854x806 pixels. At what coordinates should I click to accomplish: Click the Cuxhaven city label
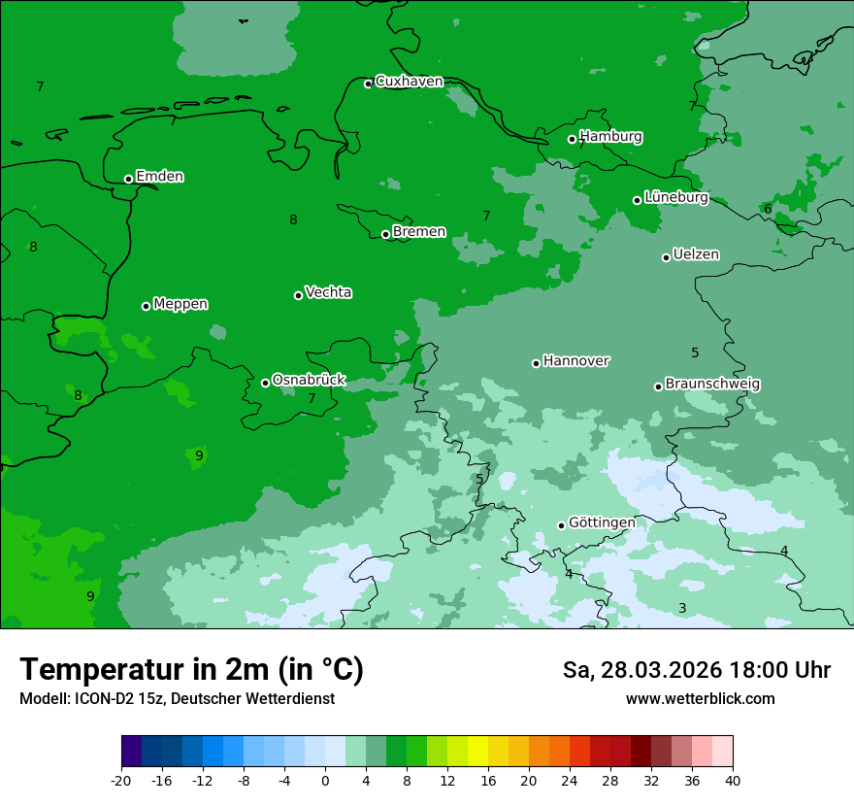[409, 82]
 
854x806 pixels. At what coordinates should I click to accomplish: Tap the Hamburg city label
[610, 137]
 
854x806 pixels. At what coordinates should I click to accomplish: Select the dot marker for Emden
[128, 179]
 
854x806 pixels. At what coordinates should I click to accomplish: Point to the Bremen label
[419, 232]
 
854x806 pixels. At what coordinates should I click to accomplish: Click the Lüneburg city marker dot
[638, 200]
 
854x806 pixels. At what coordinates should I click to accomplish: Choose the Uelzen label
[696, 255]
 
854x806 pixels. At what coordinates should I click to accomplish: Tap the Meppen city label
[181, 304]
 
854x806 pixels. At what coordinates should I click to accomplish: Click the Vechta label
[328, 292]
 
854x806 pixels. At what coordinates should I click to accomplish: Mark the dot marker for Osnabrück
[265, 383]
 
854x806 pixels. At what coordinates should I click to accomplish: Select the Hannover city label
[575, 361]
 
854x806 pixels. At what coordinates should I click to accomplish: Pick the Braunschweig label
[712, 385]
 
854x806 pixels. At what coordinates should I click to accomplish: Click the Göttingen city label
[602, 523]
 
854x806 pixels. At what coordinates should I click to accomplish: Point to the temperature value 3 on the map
[682, 609]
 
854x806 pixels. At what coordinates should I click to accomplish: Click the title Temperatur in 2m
[191, 670]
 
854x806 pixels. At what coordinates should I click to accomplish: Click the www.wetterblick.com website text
[700, 699]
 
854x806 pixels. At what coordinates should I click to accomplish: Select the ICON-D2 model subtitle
[177, 699]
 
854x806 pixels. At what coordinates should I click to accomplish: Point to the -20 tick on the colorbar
[121, 781]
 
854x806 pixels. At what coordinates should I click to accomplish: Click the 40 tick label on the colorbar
[732, 781]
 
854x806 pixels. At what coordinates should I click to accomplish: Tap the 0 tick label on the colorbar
[325, 781]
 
